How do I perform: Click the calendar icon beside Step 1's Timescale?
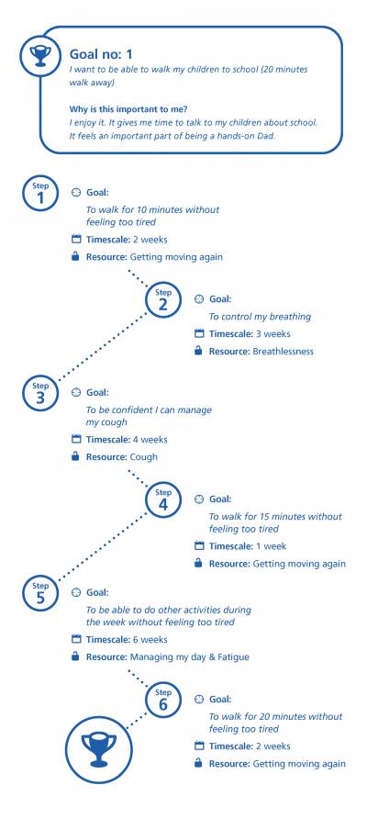click(x=76, y=240)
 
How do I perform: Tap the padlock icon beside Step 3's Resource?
click(x=76, y=456)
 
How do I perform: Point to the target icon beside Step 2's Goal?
click(x=199, y=299)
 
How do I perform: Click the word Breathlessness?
click(x=283, y=352)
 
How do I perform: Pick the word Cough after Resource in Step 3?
click(x=143, y=457)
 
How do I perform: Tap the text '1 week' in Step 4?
click(x=271, y=547)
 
